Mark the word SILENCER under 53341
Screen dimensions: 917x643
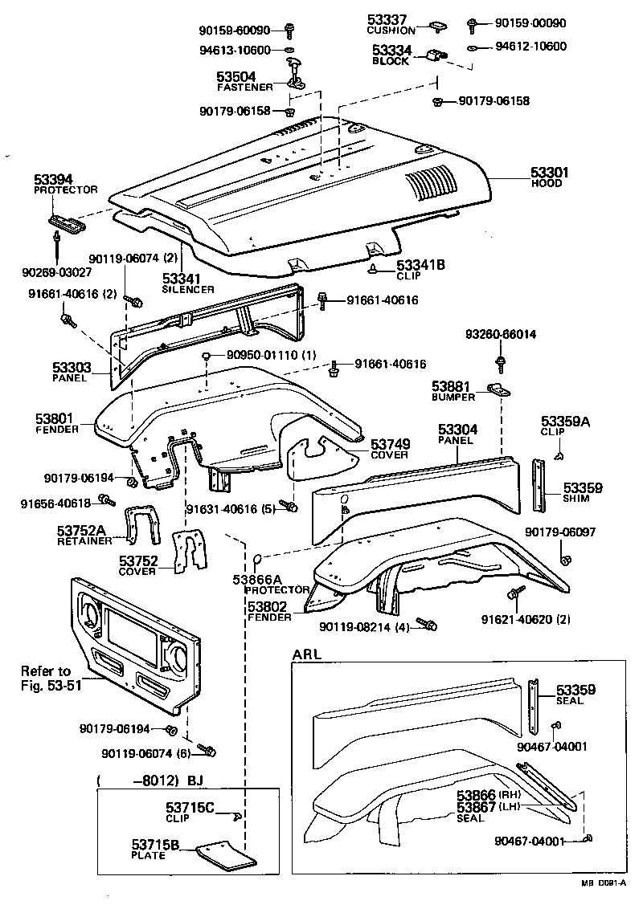(x=188, y=288)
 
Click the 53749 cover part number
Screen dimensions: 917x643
(x=390, y=443)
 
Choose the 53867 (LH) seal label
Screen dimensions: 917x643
(x=475, y=806)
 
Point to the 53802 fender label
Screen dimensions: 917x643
(x=269, y=607)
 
